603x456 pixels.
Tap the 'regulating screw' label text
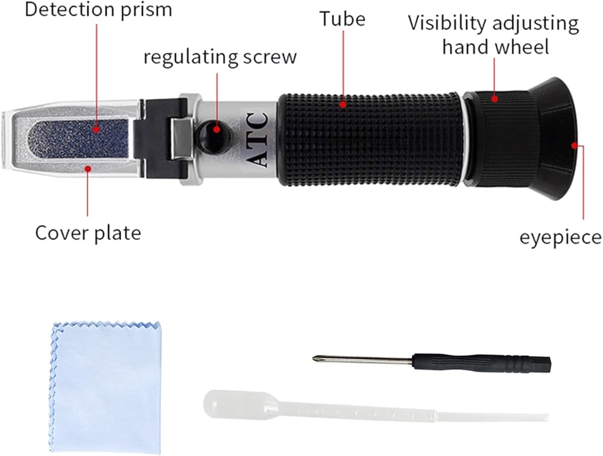coord(220,57)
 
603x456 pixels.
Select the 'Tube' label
coord(343,19)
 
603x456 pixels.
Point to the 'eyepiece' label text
coord(560,237)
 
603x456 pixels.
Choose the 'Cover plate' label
coord(87,232)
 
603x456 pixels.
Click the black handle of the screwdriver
coord(482,363)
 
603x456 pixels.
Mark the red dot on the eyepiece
coord(576,145)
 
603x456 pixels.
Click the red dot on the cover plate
coord(87,168)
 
